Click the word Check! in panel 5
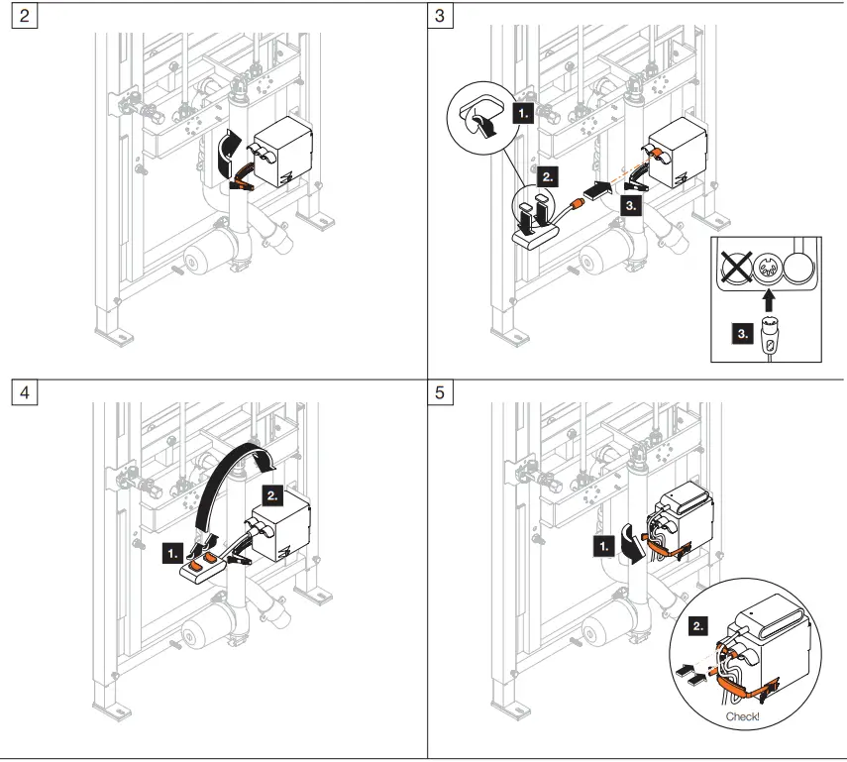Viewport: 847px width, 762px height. coord(743,715)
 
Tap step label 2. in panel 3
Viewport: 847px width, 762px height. coord(549,177)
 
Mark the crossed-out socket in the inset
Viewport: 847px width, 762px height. coord(733,267)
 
